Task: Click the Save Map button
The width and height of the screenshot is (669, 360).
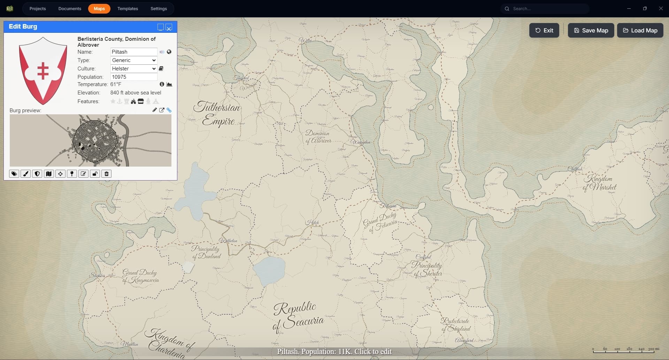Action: pos(591,30)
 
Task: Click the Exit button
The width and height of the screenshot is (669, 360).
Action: pos(544,30)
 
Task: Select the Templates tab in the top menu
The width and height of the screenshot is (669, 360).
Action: pos(128,9)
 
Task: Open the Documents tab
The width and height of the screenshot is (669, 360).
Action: pos(70,9)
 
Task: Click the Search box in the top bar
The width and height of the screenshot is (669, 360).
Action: pos(547,9)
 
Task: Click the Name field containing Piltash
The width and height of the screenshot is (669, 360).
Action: pos(133,52)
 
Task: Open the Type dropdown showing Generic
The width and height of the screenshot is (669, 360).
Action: pos(133,60)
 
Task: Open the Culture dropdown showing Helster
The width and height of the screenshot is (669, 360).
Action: pos(133,69)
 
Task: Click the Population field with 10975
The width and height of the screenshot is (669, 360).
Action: pos(133,77)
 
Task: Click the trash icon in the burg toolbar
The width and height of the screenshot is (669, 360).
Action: pos(107,174)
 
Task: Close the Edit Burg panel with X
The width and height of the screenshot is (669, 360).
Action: pos(169,28)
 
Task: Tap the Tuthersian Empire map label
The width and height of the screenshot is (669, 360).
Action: pos(218,113)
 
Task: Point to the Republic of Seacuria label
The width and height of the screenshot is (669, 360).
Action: pos(298,315)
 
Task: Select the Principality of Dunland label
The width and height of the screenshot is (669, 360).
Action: pos(206,252)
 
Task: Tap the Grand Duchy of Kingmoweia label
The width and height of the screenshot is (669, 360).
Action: pos(140,276)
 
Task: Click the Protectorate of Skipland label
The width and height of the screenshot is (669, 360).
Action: pos(456,324)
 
